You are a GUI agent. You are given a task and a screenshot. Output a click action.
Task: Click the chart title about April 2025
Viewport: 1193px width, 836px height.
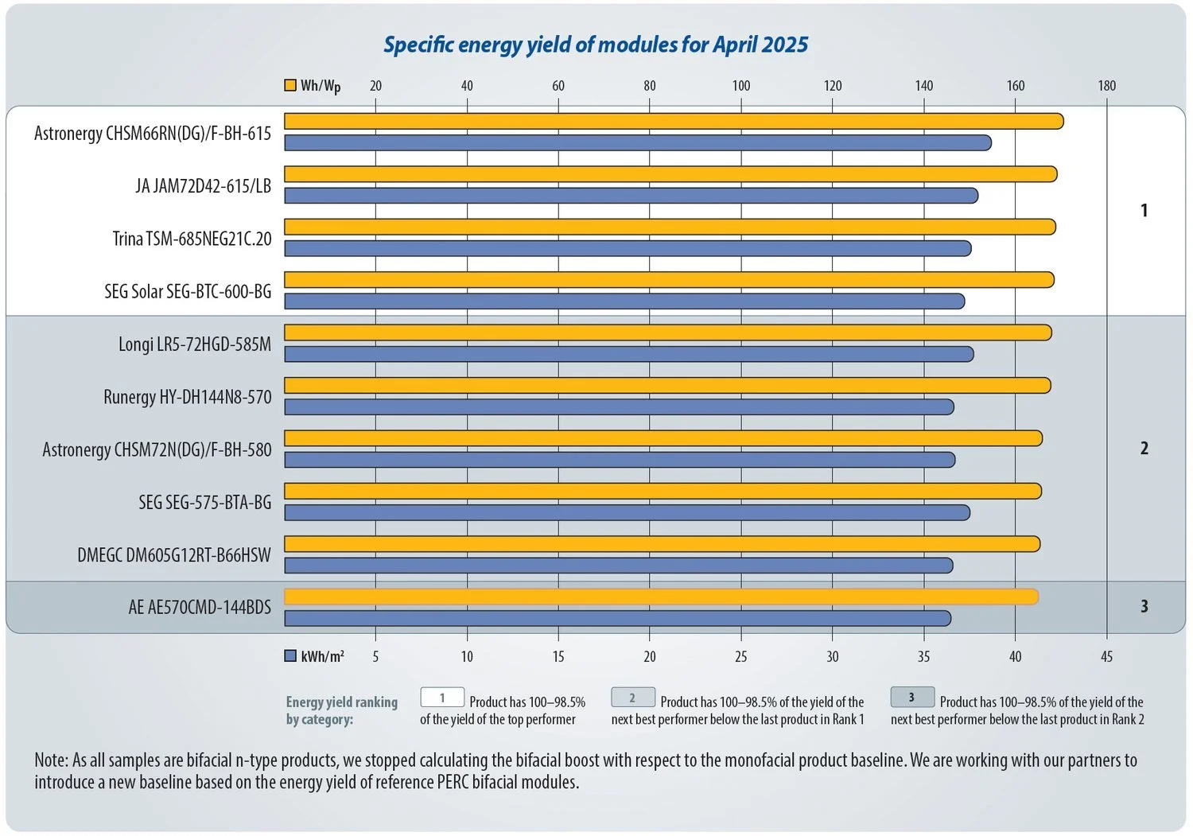coord(596,45)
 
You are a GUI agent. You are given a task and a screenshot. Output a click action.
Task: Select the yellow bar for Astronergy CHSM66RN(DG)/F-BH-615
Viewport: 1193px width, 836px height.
coord(673,121)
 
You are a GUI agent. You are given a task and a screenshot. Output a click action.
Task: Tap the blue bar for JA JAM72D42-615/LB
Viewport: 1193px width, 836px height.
coord(630,196)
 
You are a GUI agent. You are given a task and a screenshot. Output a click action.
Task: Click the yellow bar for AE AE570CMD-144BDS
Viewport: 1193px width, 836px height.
coord(660,597)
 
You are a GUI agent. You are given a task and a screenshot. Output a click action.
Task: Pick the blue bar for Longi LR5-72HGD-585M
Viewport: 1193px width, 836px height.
coord(628,354)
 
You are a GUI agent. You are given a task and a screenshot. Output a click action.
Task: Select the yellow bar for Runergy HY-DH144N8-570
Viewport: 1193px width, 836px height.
coord(666,386)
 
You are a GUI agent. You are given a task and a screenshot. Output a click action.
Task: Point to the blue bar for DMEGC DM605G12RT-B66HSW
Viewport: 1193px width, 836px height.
coord(618,566)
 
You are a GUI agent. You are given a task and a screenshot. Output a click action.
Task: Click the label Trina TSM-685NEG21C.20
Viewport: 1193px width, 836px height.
coord(192,239)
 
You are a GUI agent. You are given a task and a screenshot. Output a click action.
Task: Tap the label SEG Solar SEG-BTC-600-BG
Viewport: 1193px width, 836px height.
coord(188,292)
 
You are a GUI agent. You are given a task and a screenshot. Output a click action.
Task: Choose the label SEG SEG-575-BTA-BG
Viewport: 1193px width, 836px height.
coord(204,503)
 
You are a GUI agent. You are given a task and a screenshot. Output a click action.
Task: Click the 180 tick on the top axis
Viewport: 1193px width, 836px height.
coord(1106,86)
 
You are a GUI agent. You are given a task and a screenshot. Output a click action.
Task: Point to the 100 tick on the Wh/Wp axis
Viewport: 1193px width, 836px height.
coord(740,86)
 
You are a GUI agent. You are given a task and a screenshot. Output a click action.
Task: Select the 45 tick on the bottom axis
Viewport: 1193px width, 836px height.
coord(1106,657)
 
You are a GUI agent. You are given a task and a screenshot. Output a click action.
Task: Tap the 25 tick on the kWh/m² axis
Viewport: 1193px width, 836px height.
coord(740,657)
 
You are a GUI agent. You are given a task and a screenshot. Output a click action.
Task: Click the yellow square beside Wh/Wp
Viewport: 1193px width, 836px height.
coord(290,85)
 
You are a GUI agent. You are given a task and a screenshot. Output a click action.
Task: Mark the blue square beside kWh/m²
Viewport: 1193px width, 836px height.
coord(290,656)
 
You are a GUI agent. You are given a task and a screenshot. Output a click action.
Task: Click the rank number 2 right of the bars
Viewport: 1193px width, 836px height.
coord(1144,449)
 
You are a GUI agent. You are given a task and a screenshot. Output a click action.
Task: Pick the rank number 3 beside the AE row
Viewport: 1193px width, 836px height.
coord(1144,607)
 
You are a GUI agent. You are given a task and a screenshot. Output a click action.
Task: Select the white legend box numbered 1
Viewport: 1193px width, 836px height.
coord(442,698)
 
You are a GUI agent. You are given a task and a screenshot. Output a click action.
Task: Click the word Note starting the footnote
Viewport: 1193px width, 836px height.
coord(51,760)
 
